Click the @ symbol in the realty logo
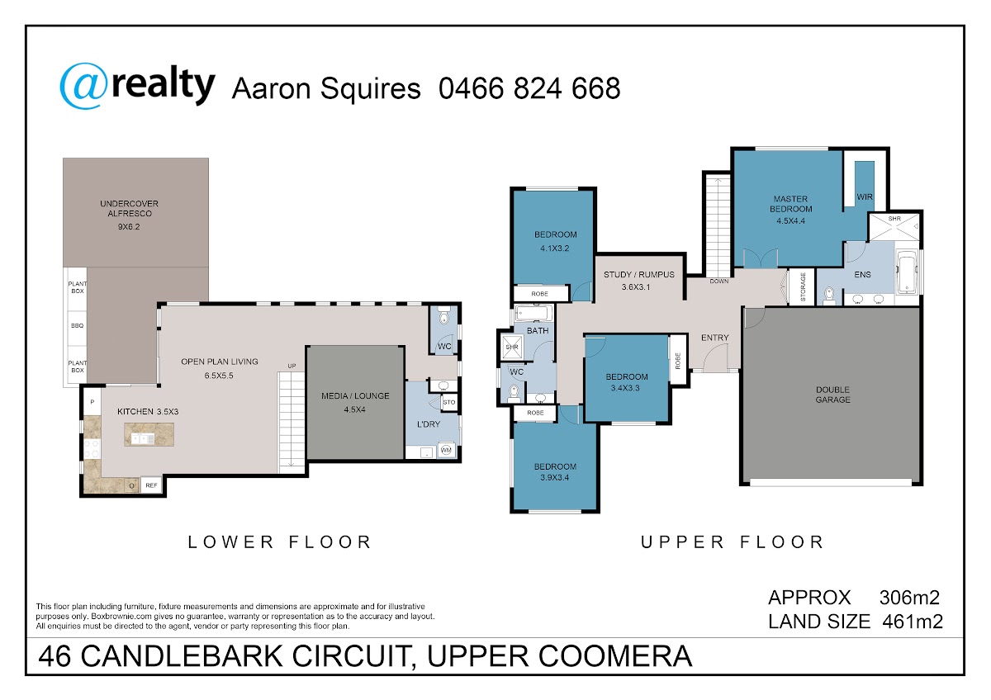pyautogui.click(x=83, y=86)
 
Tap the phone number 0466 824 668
pyautogui.click(x=529, y=88)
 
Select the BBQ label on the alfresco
pyautogui.click(x=77, y=326)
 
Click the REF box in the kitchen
pyautogui.click(x=151, y=485)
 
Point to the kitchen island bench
pyautogui.click(x=149, y=434)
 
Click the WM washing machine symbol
pyautogui.click(x=446, y=450)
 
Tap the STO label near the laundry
pyautogui.click(x=448, y=402)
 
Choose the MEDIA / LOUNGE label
pyautogui.click(x=355, y=396)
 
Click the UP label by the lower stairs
pyautogui.click(x=292, y=367)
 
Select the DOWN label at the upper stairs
pyautogui.click(x=719, y=281)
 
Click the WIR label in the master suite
pyautogui.click(x=865, y=197)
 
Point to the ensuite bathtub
pyautogui.click(x=907, y=272)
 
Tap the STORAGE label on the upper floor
pyautogui.click(x=803, y=287)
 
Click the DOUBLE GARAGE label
pyautogui.click(x=832, y=395)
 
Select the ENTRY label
pyautogui.click(x=714, y=338)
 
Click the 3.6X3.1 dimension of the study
pyautogui.click(x=636, y=287)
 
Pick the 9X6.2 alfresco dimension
pyautogui.click(x=129, y=227)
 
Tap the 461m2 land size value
pyautogui.click(x=913, y=622)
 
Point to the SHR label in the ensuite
pyautogui.click(x=894, y=219)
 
